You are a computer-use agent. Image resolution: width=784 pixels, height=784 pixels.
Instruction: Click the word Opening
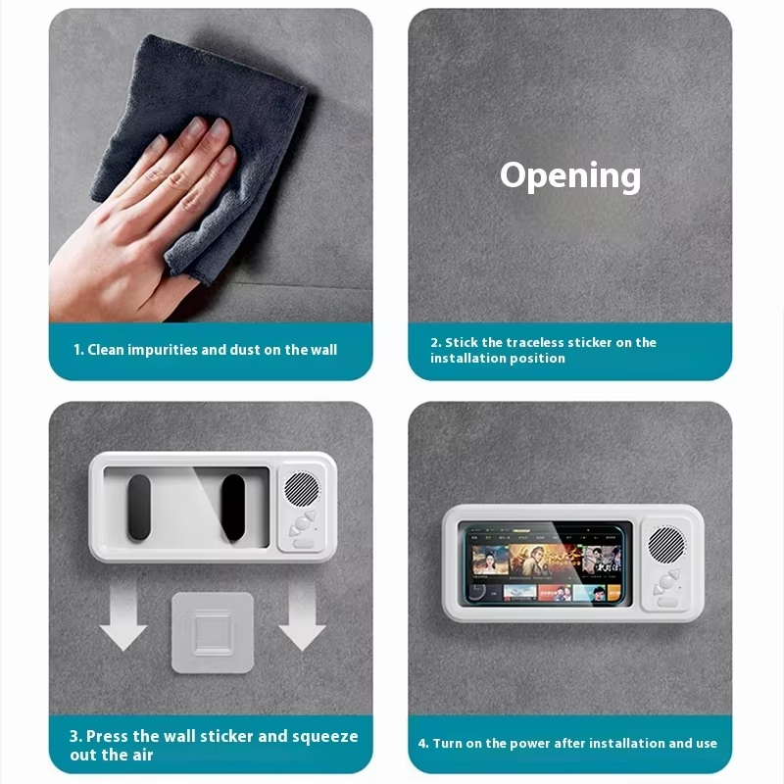click(x=570, y=176)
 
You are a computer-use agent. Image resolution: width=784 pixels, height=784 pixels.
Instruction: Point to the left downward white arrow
click(x=123, y=616)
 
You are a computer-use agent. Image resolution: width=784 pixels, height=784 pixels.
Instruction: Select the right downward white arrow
click(x=302, y=616)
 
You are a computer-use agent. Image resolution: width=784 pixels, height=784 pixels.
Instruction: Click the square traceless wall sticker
click(x=213, y=632)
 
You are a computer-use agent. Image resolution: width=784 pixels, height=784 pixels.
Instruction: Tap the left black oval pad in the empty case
click(x=139, y=507)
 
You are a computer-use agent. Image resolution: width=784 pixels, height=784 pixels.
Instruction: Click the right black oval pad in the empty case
click(x=233, y=507)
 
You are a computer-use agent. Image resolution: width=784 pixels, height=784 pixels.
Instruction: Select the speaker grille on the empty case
click(x=302, y=488)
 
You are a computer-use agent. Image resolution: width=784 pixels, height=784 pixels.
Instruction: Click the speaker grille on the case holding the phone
click(x=666, y=545)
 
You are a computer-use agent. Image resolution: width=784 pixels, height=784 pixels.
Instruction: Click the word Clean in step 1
click(x=106, y=350)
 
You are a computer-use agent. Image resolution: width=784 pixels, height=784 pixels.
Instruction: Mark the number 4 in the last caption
click(x=422, y=744)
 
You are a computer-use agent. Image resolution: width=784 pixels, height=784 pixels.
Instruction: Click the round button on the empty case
click(x=302, y=523)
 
